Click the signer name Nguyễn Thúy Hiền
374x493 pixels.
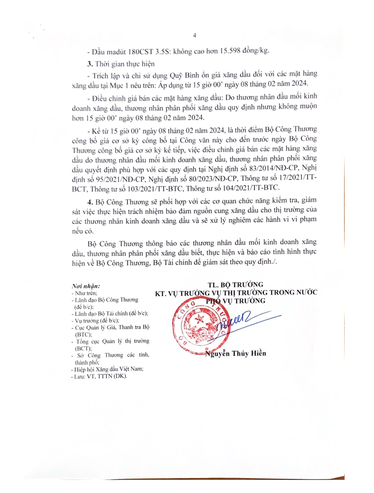coord(236,353)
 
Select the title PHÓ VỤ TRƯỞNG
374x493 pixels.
coord(236,301)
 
